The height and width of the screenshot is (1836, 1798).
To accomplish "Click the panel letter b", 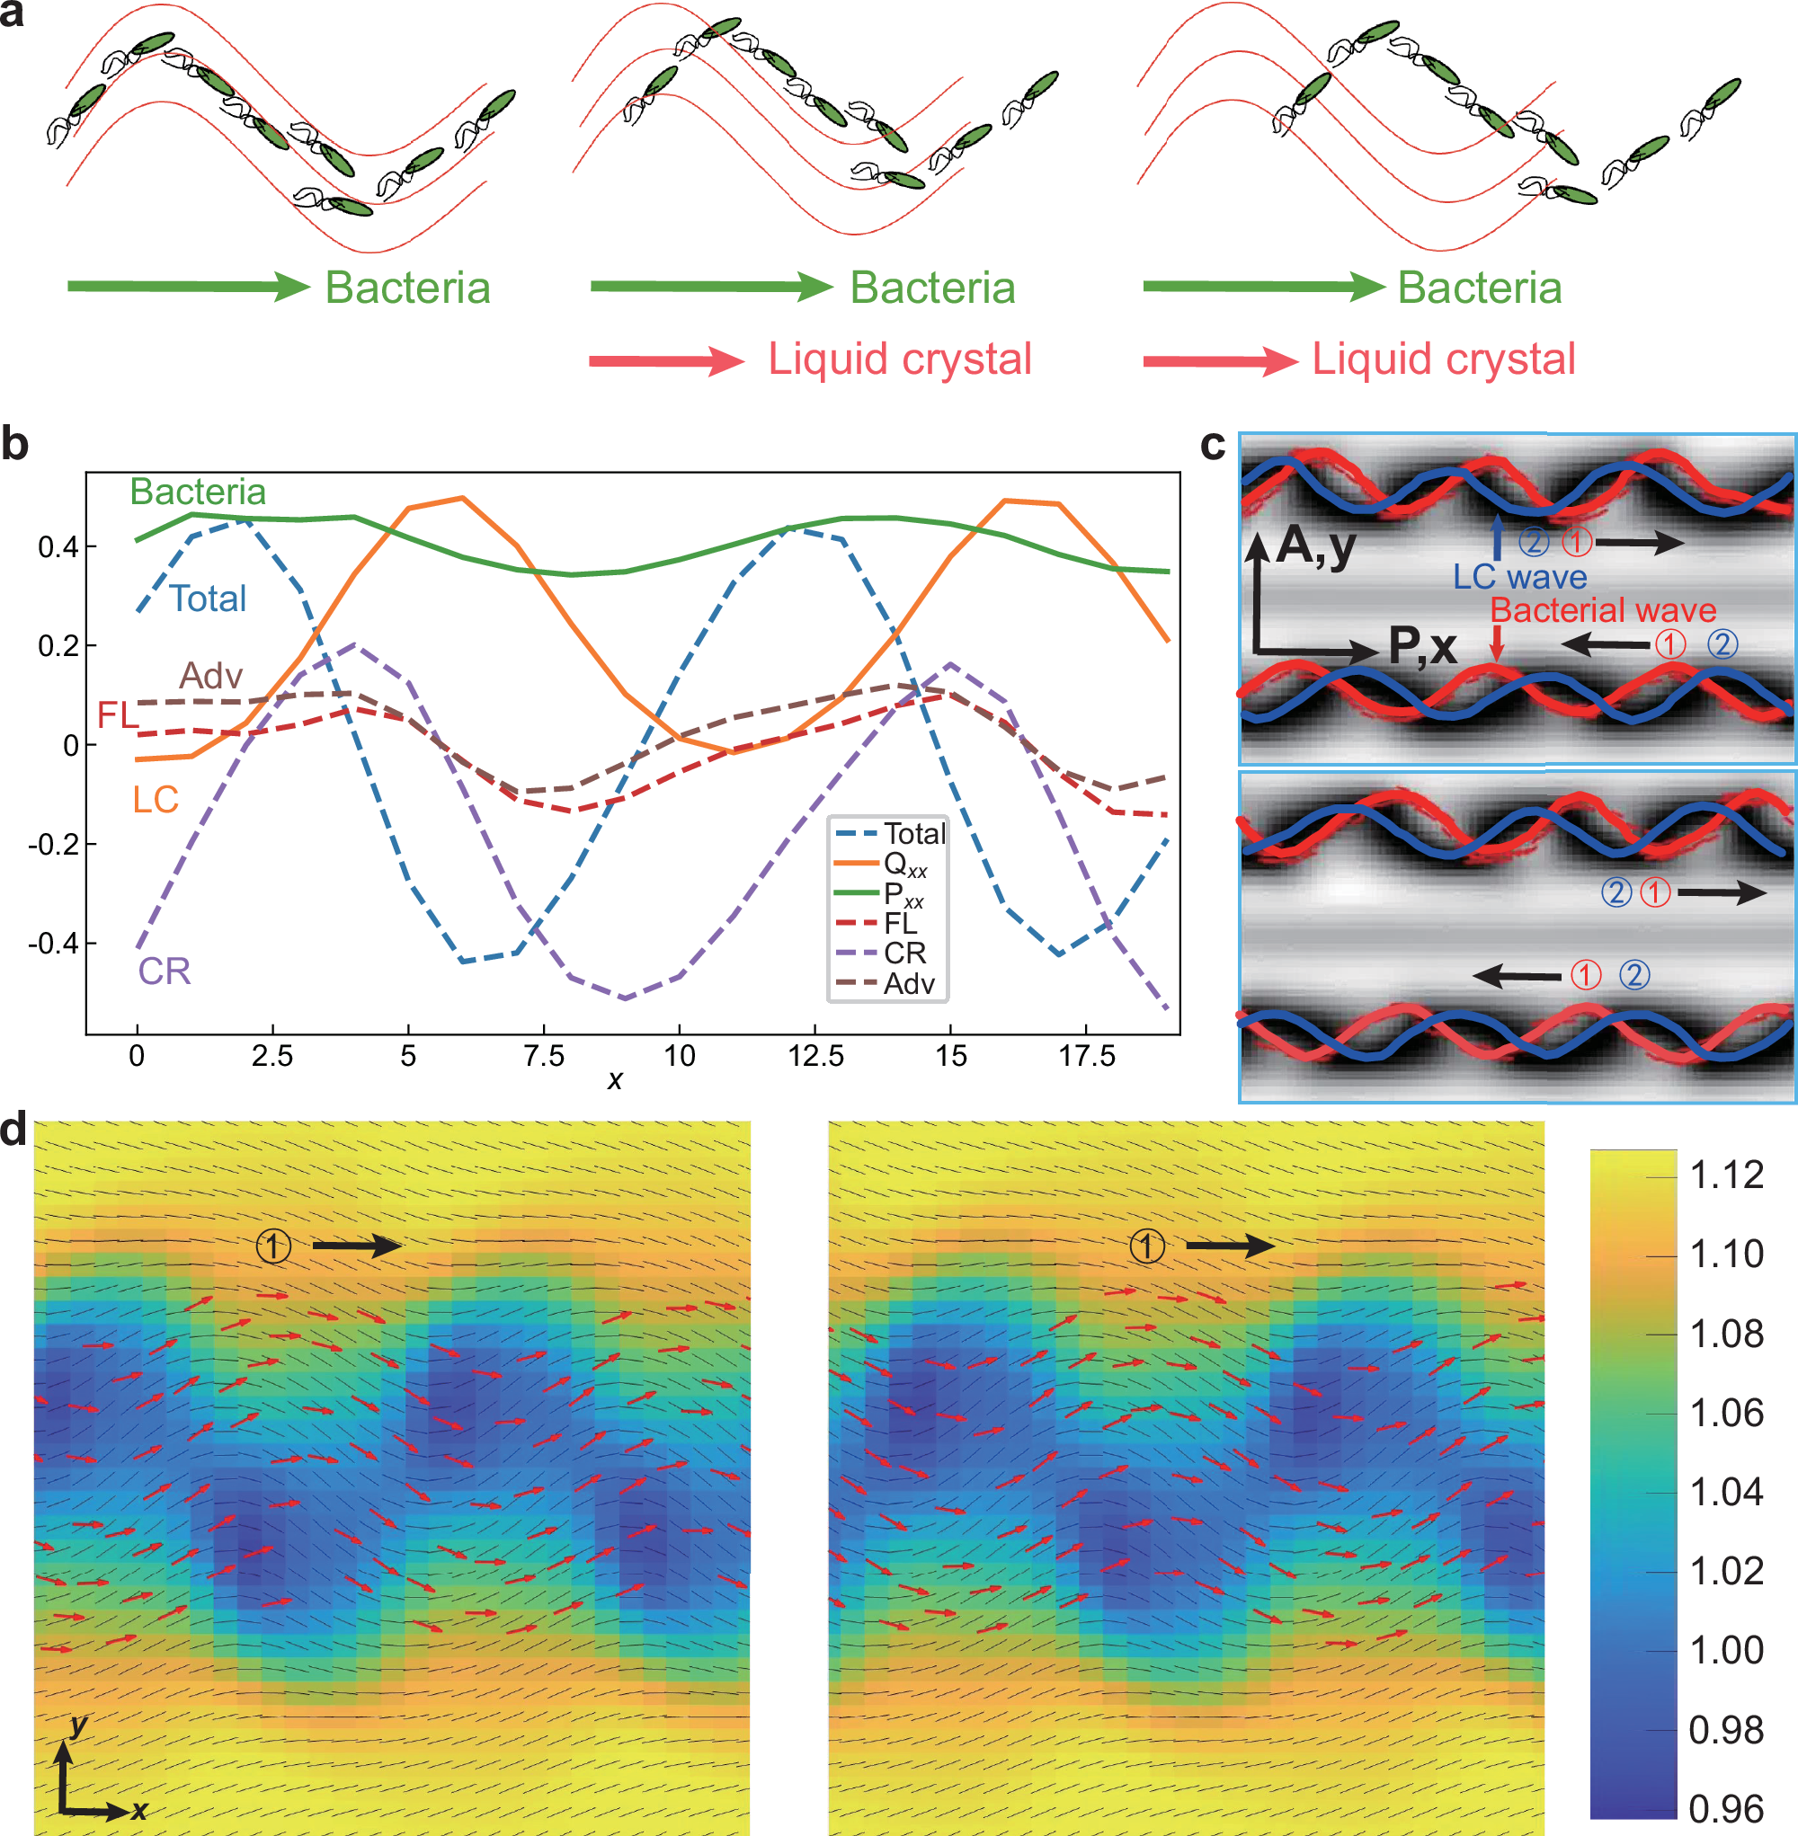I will click(15, 444).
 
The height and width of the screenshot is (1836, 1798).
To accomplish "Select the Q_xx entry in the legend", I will click(904, 864).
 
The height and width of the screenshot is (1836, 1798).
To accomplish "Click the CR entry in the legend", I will click(903, 953).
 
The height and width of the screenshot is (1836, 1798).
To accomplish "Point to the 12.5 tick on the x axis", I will click(816, 1055).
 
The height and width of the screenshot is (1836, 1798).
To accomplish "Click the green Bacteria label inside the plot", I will click(198, 492).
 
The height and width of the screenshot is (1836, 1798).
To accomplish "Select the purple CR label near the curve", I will click(165, 971).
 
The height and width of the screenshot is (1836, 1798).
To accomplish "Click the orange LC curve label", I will click(155, 800).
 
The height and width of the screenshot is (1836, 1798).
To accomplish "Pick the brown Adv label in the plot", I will click(211, 676).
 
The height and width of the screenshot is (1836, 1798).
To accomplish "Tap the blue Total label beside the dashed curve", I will click(208, 599).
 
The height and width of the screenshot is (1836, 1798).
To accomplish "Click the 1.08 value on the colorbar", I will click(1726, 1334).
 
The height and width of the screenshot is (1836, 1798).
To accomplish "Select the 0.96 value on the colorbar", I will click(1726, 1809).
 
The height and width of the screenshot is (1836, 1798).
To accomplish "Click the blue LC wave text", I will click(1519, 577).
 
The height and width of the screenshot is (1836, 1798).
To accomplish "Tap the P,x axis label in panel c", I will click(1422, 647).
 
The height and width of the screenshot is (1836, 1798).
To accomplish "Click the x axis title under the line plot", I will click(615, 1079).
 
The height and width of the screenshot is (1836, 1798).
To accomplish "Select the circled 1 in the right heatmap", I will click(1147, 1246).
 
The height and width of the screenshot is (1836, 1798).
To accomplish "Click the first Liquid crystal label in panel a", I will click(899, 359).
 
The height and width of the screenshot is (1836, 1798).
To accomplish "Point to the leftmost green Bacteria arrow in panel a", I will click(188, 286).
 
